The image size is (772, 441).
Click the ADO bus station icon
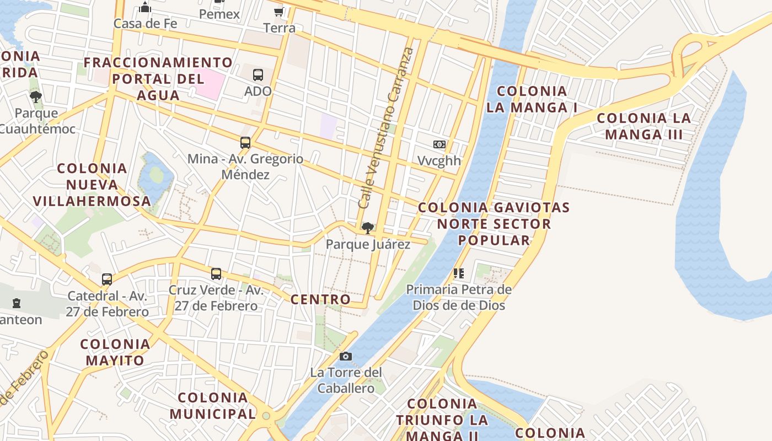(258, 75)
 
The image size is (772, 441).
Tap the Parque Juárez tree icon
(367, 228)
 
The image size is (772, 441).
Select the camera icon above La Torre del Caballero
(346, 356)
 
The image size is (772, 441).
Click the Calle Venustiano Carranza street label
(385, 128)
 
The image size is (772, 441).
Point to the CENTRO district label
(320, 299)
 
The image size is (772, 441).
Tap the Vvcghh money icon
(439, 144)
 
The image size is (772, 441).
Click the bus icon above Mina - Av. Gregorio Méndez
(245, 143)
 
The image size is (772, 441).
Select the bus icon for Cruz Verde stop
(216, 274)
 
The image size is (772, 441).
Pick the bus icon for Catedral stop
(107, 279)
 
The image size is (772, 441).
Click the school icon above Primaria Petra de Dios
(459, 273)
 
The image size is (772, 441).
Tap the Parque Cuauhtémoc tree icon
(36, 97)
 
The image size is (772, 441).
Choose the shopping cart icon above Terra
(279, 12)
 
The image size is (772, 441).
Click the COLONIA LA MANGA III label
(644, 126)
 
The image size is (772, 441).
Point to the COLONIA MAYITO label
(115, 352)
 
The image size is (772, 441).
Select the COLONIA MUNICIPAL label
(213, 406)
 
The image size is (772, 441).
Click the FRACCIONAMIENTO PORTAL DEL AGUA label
(158, 78)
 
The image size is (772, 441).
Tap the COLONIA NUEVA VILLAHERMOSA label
(92, 185)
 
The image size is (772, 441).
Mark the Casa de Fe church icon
(145, 8)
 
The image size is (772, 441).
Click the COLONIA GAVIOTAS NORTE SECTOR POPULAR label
(494, 224)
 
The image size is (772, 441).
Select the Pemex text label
(219, 14)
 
